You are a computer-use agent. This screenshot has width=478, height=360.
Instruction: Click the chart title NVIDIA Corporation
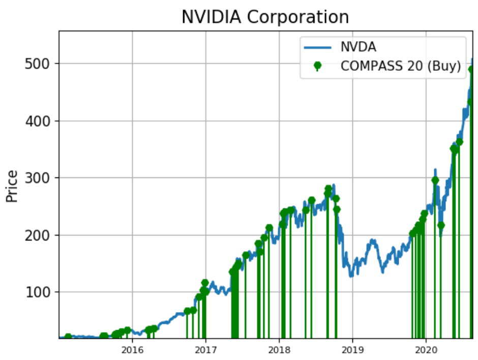tap(265, 17)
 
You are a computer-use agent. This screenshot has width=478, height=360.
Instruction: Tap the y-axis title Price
tap(12, 186)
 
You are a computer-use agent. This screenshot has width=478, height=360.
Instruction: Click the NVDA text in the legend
tap(351, 48)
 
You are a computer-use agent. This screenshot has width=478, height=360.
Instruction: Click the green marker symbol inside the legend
tap(318, 66)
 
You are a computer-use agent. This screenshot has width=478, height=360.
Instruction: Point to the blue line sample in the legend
tap(318, 48)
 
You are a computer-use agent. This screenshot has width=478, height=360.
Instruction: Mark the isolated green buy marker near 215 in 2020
tap(441, 225)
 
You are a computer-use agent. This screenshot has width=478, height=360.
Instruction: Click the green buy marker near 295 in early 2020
tap(435, 180)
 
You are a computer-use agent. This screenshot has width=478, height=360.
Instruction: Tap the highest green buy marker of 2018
tap(328, 189)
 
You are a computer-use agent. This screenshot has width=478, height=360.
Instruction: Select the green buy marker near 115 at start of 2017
tap(205, 283)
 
